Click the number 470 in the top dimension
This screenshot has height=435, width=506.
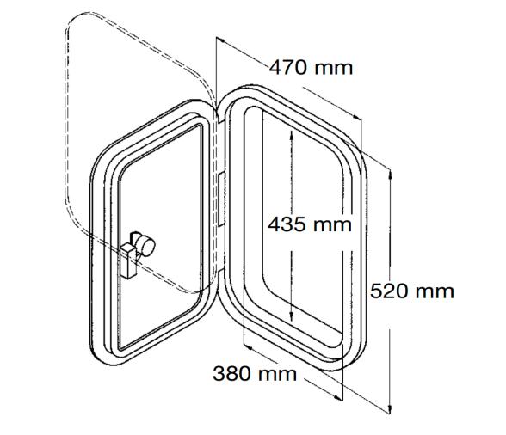click(289, 67)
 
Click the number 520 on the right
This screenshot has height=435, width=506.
click(390, 291)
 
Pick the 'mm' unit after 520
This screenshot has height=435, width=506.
click(435, 291)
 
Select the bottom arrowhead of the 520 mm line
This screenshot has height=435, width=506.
click(392, 410)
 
